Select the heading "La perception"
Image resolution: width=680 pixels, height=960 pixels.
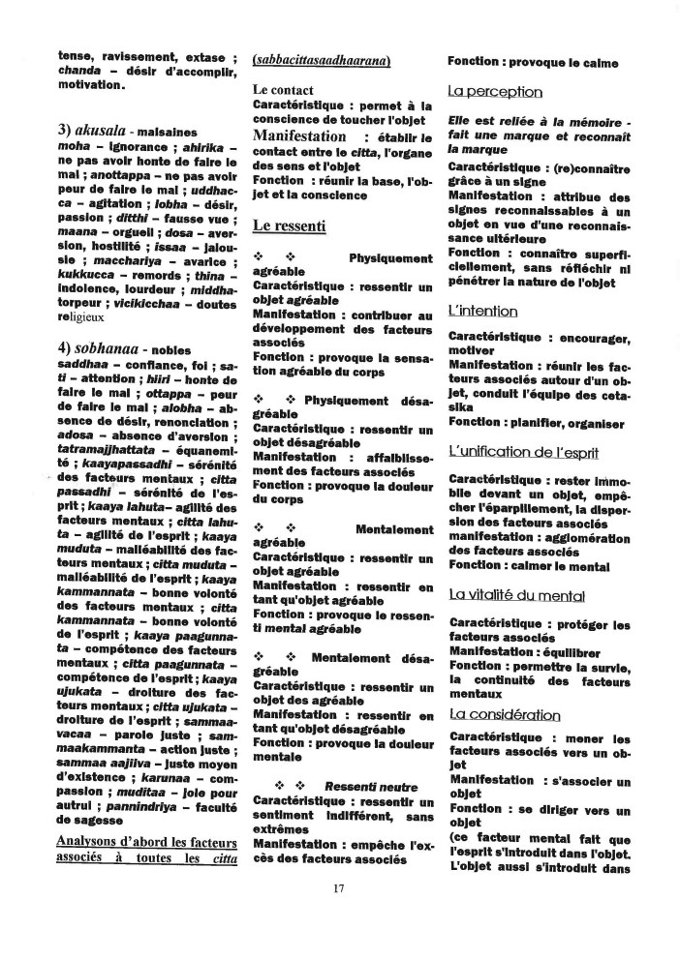(x=495, y=92)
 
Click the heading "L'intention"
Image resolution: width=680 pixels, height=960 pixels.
(x=482, y=311)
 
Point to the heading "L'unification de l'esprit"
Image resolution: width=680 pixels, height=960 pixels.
(x=523, y=451)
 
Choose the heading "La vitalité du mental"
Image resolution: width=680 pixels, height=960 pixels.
(x=516, y=594)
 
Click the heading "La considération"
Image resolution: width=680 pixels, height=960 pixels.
(x=504, y=714)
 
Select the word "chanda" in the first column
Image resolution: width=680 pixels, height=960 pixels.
(x=80, y=70)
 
